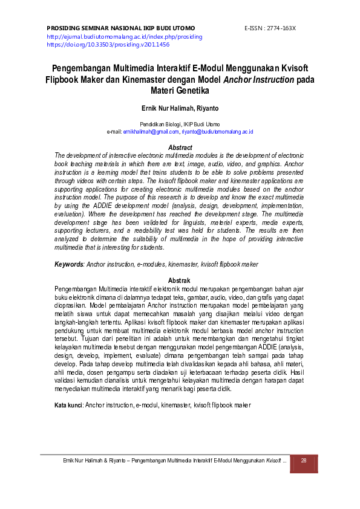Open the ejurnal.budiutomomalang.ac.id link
click(x=124, y=37)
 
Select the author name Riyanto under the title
click(x=208, y=109)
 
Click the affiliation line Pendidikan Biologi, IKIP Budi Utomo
click(x=180, y=124)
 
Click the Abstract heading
click(x=180, y=148)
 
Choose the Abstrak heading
click(x=179, y=280)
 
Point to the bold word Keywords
click(x=68, y=264)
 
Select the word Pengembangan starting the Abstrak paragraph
click(x=76, y=288)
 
